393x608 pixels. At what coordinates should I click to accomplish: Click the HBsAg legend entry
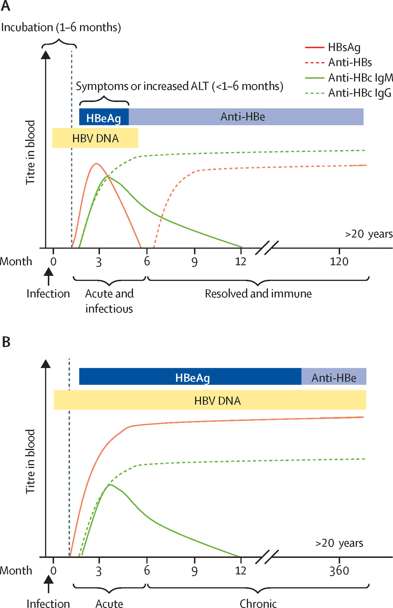[332, 47]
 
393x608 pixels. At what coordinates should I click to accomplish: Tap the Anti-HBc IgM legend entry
[349, 78]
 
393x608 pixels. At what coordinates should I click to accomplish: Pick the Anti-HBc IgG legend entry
[348, 93]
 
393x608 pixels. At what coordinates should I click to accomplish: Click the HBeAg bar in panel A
[104, 117]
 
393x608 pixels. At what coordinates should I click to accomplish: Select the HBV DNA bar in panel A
[95, 138]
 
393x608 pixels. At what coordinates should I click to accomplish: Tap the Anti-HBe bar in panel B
[334, 376]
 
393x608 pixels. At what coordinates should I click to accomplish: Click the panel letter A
[6, 6]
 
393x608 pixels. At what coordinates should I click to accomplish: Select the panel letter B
[6, 342]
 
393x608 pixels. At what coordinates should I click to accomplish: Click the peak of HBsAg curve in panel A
[96, 163]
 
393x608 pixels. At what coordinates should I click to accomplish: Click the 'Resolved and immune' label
[258, 294]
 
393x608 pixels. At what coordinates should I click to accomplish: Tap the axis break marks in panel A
[267, 248]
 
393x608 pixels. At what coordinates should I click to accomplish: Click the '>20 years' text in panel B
[339, 543]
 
